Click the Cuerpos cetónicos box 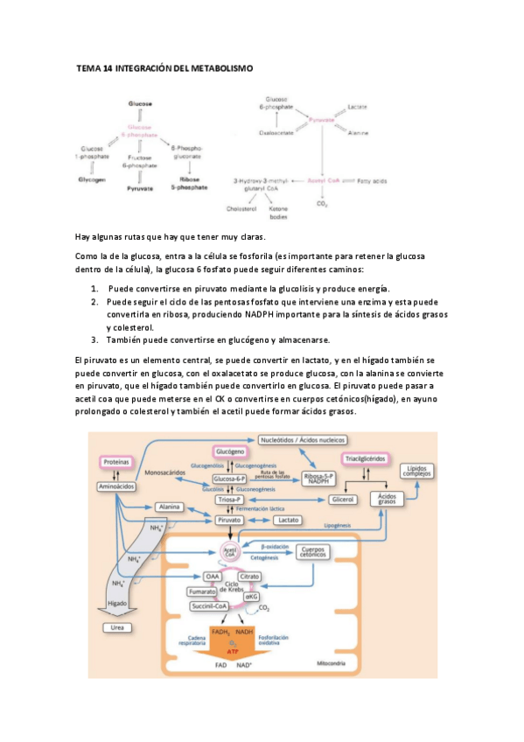[313, 552]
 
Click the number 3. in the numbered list [94, 339]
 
